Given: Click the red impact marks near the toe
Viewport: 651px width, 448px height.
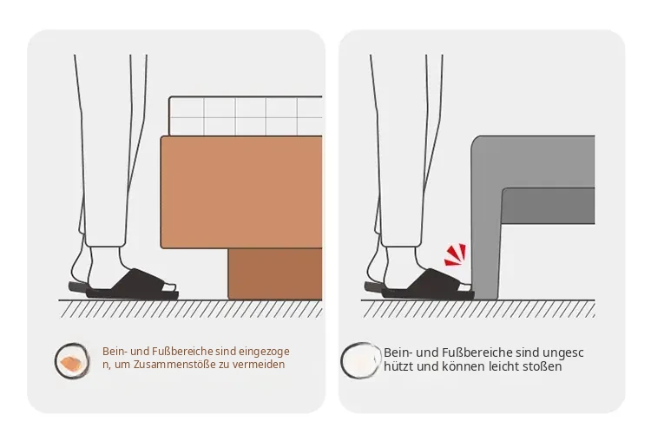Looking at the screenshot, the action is tap(456, 254).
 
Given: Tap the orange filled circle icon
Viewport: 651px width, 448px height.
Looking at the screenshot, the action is tap(72, 361).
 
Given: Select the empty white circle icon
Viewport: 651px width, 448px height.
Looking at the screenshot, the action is tap(361, 360).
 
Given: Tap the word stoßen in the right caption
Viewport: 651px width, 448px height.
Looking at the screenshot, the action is tap(544, 366).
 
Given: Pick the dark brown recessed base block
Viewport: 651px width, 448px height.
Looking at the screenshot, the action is tap(275, 273).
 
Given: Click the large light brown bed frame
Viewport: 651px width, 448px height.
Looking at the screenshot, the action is tap(241, 192).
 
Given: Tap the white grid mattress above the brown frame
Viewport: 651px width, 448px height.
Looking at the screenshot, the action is tap(246, 115).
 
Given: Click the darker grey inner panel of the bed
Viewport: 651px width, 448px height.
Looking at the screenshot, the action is tap(548, 206).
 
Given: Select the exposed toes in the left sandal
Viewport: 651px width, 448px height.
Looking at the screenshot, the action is tap(169, 287).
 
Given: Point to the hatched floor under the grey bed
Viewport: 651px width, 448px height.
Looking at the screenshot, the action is tap(478, 309).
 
